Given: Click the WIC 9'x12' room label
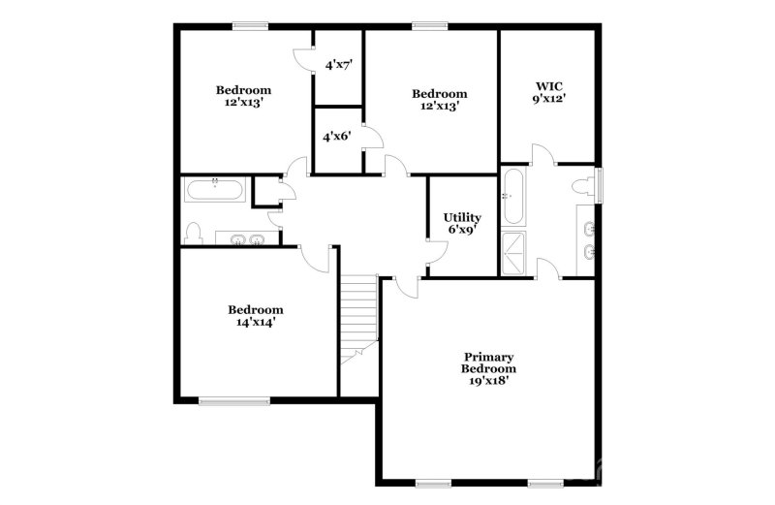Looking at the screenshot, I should point(547,92).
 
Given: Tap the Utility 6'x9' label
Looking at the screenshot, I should point(462,224).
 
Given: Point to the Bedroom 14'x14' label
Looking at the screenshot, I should point(256,316).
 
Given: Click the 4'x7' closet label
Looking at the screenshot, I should point(338,65).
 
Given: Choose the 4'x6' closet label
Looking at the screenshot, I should point(337,137).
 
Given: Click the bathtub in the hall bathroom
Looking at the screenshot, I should point(215,188).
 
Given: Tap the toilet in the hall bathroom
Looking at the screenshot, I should point(194,233).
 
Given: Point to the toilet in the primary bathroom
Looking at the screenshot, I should point(583,186).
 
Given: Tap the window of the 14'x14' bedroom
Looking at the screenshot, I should point(233,399).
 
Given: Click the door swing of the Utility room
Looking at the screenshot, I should point(437,250).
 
